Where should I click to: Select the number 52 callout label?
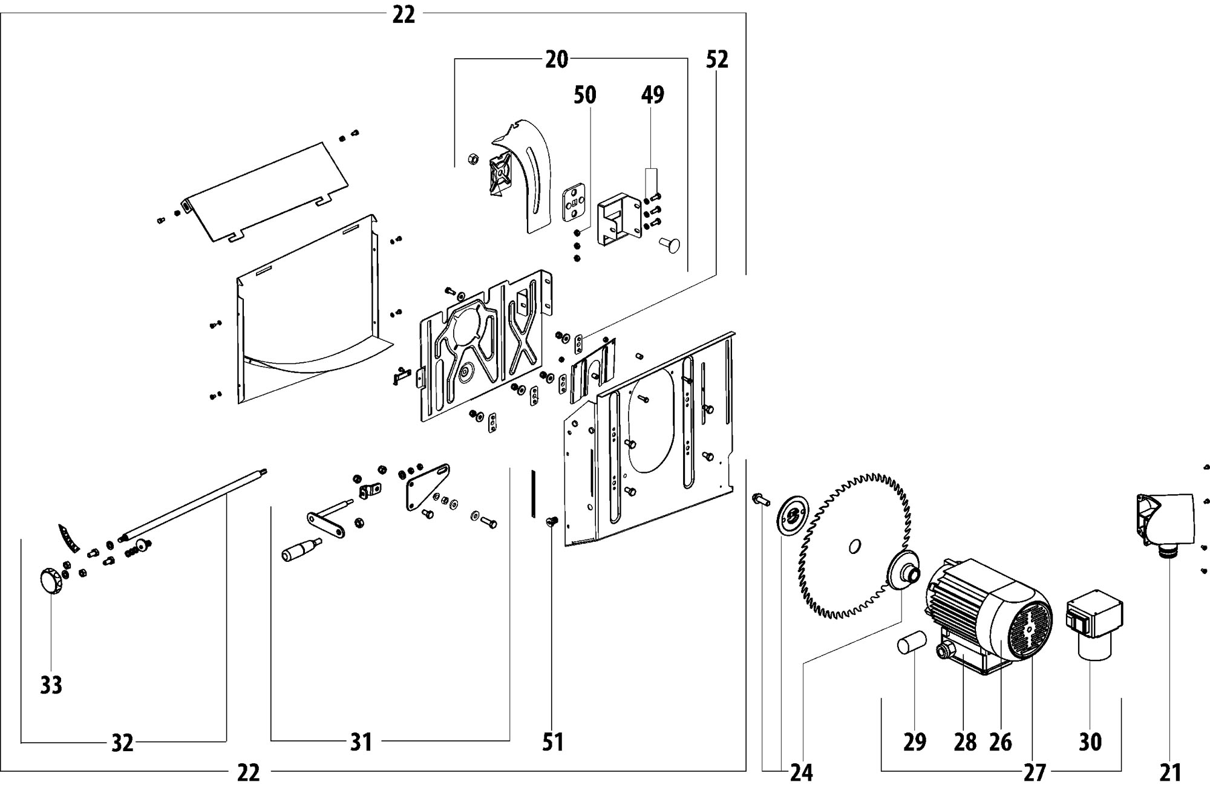(717, 59)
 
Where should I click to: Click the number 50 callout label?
(584, 94)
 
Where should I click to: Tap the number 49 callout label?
(652, 94)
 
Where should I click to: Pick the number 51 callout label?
(553, 741)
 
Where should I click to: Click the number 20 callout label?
(557, 59)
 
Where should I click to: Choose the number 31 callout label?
(361, 741)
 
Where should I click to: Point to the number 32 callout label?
(122, 743)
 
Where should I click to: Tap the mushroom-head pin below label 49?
(670, 246)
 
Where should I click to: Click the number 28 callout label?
(965, 741)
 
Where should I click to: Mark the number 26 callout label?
(1000, 741)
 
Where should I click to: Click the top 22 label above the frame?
(404, 14)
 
